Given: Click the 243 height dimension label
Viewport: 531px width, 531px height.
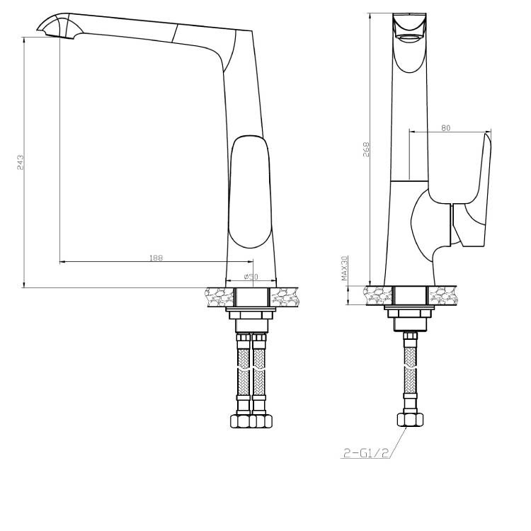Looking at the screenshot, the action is coord(21,162).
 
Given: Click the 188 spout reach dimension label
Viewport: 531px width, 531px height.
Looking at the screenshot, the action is coord(156,258).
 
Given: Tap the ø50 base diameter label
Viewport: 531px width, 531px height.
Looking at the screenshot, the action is coord(251,276).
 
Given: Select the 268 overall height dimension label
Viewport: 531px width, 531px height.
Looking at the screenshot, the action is coord(366,149).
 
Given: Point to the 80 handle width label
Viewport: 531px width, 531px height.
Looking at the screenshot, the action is coord(446,127).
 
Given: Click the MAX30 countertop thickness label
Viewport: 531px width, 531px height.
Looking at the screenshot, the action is coord(344,268).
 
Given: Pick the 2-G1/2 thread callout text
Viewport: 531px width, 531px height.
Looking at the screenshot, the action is coord(365,453).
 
